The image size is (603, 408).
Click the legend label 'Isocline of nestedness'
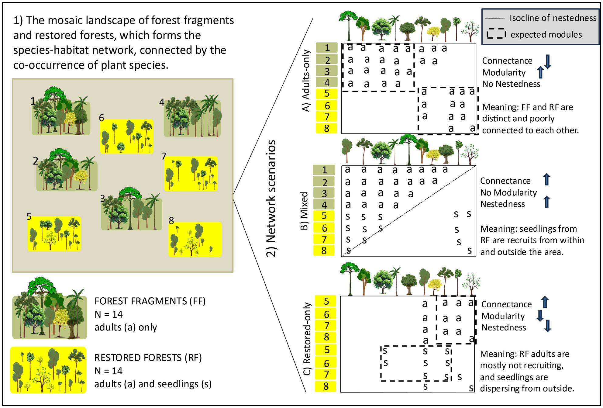[553, 18]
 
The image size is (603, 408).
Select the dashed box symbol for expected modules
[496, 34]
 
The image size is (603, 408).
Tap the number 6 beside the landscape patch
[102, 118]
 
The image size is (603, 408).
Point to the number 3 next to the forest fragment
[103, 199]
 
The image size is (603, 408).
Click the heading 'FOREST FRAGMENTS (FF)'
[150, 301]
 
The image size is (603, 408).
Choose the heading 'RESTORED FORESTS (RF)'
[148, 358]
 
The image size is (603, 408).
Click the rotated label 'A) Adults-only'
[306, 81]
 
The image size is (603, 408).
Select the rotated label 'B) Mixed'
[304, 211]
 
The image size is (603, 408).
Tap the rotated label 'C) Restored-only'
[308, 339]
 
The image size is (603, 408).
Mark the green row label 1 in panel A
[327, 48]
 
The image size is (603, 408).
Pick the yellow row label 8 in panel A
[327, 128]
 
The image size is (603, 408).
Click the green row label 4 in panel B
[324, 205]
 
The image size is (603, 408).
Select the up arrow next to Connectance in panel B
[546, 179]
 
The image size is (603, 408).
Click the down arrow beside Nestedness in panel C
[547, 326]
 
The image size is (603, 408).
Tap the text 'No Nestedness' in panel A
[511, 84]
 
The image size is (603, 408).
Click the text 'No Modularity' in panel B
[508, 192]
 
